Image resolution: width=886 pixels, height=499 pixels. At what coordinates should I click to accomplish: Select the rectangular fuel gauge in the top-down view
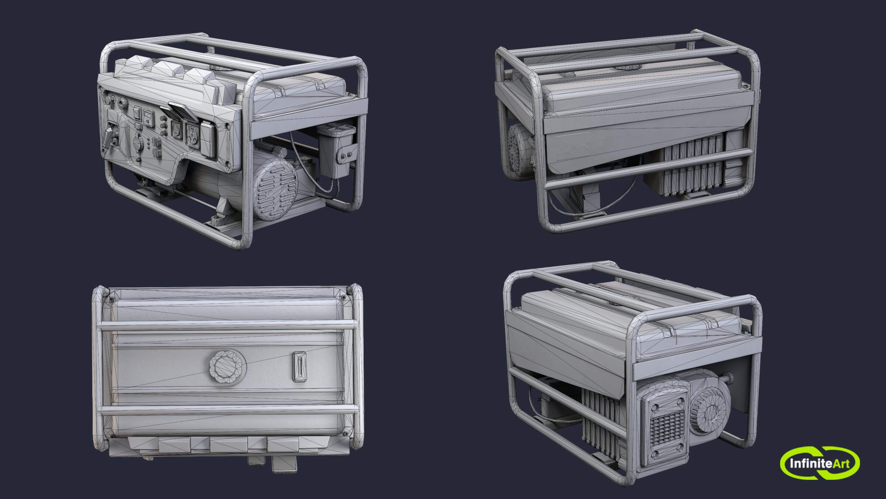point(299,367)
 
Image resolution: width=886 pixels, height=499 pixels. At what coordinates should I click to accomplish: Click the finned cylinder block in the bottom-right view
point(600,421)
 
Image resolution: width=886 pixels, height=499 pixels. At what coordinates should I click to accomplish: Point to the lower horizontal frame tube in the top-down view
point(227,409)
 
